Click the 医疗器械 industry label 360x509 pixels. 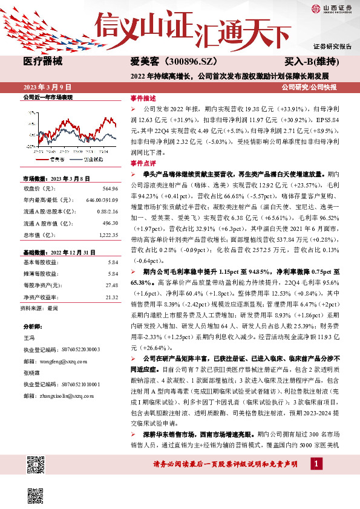tap(42, 61)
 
